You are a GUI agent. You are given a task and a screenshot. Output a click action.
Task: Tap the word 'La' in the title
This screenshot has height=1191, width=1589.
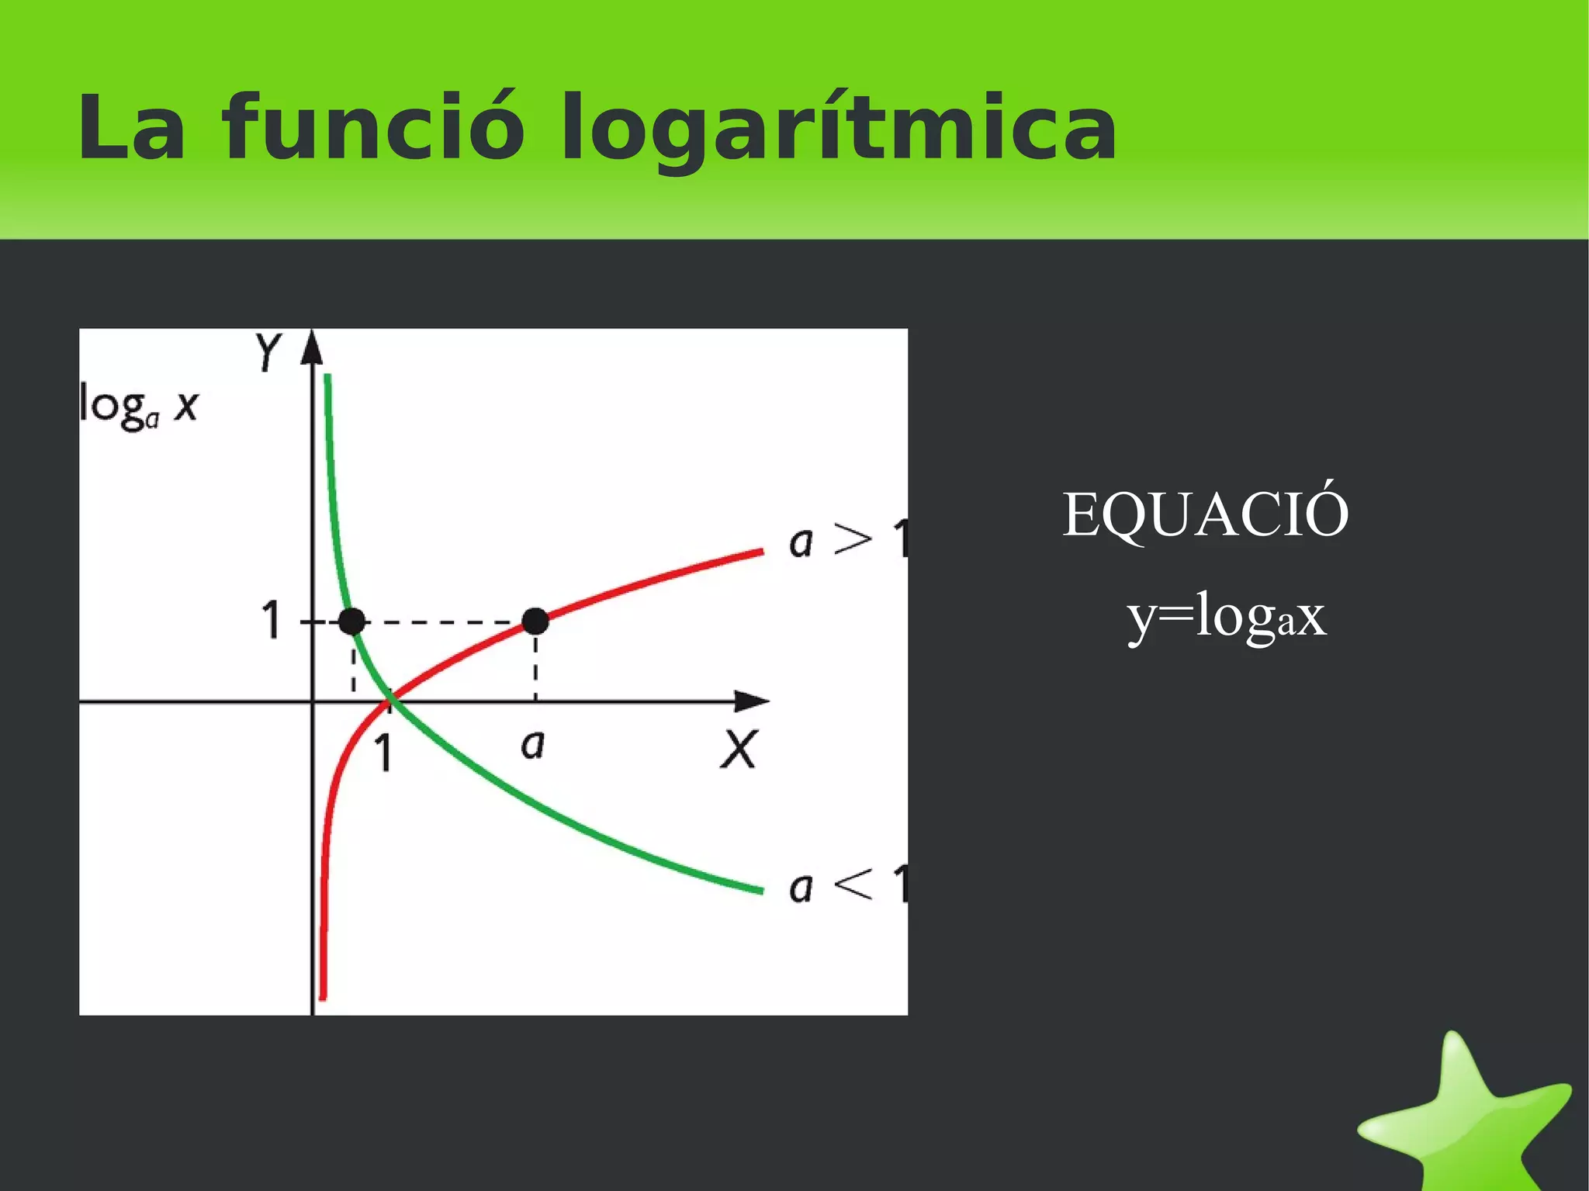(132, 127)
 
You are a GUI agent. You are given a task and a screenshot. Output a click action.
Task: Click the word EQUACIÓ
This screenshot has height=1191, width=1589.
(1205, 514)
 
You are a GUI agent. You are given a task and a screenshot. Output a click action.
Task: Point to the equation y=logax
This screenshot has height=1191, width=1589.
(1227, 617)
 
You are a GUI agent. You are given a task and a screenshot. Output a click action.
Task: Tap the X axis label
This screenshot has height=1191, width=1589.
(738, 750)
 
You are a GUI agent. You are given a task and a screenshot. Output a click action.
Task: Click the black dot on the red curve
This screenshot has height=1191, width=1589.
(535, 621)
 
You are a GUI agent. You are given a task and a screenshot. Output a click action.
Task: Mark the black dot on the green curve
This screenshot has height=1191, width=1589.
(352, 621)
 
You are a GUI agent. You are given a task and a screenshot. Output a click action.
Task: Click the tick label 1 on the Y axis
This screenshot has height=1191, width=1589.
(271, 621)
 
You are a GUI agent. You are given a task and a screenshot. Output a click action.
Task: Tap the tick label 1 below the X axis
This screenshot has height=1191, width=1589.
(383, 753)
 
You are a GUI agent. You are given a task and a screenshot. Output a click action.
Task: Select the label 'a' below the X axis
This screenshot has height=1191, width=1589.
(533, 745)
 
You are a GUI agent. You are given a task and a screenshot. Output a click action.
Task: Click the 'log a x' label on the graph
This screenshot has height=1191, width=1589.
(140, 407)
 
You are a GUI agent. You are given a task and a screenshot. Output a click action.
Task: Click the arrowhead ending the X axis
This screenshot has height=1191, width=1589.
(751, 701)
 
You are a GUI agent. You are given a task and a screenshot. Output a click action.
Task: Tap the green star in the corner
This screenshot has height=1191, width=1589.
(1466, 1117)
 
